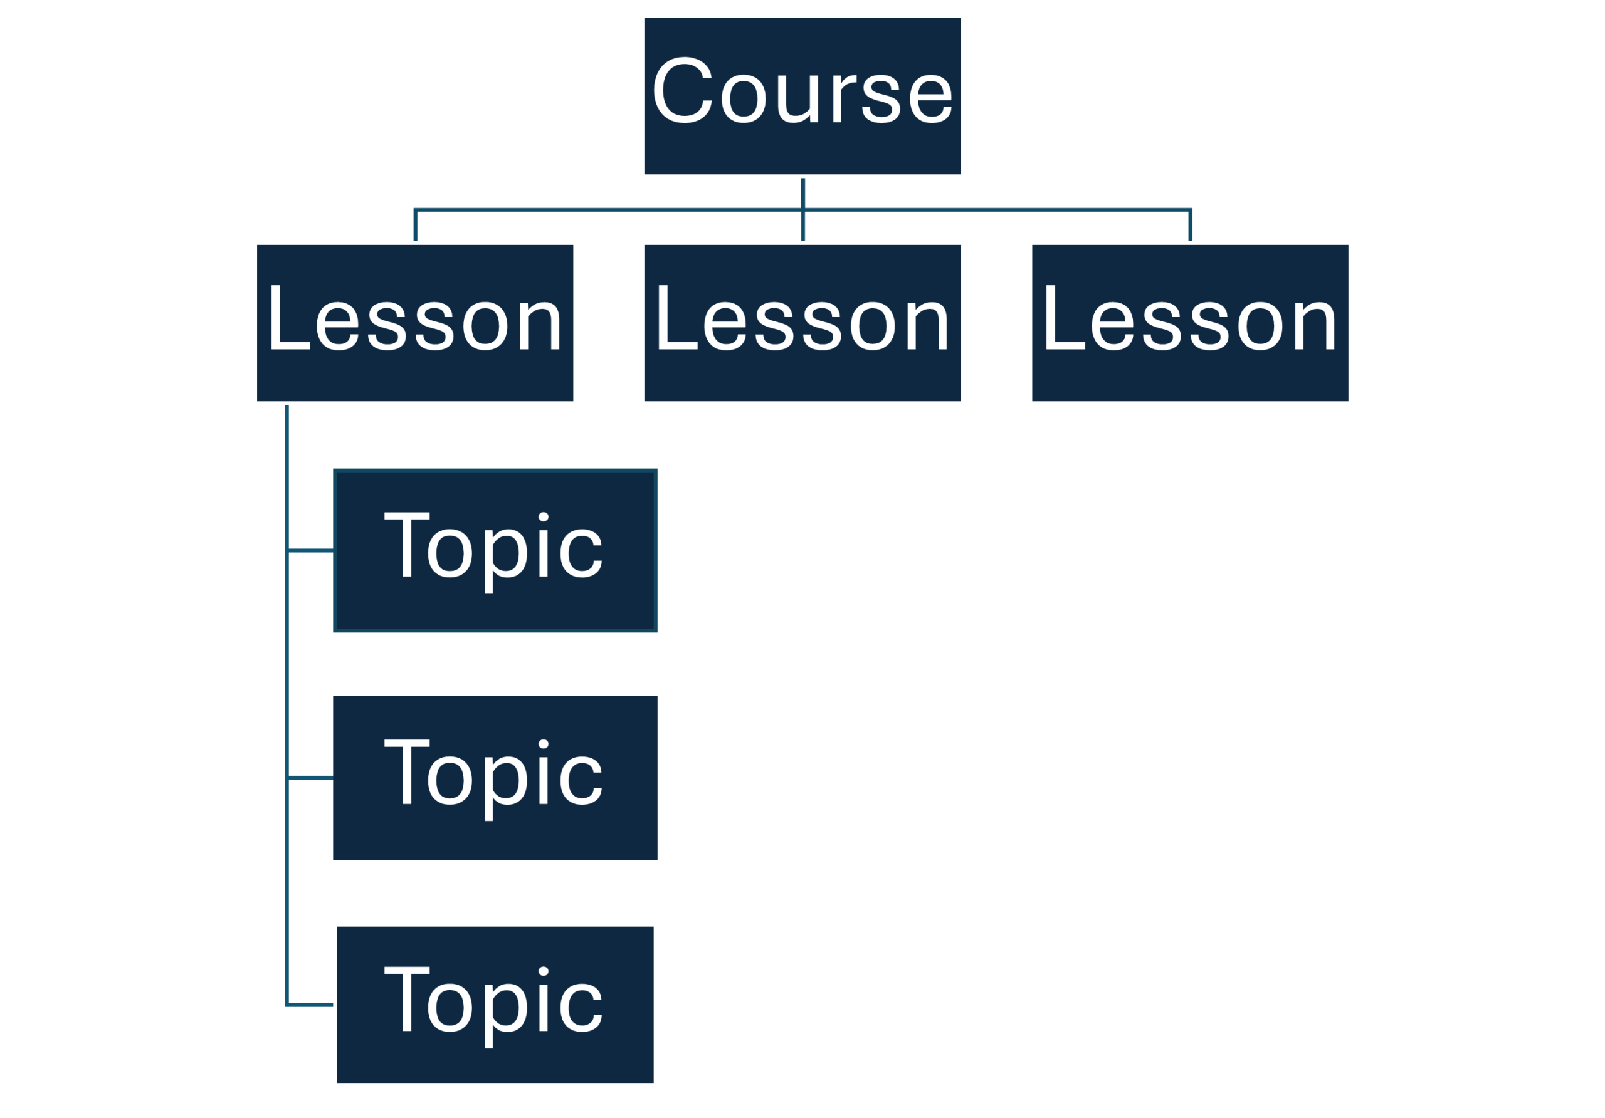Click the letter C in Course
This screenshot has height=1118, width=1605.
tap(681, 91)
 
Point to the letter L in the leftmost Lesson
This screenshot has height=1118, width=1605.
tap(287, 318)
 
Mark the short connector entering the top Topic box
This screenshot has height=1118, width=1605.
tap(310, 551)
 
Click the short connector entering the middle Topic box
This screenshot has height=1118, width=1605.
tap(310, 777)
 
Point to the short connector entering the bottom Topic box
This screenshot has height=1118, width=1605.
tap(310, 1004)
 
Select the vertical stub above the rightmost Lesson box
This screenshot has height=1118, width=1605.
tap(1190, 225)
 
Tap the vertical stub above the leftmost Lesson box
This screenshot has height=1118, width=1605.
tap(415, 225)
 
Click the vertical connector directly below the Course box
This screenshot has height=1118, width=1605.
tap(802, 193)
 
